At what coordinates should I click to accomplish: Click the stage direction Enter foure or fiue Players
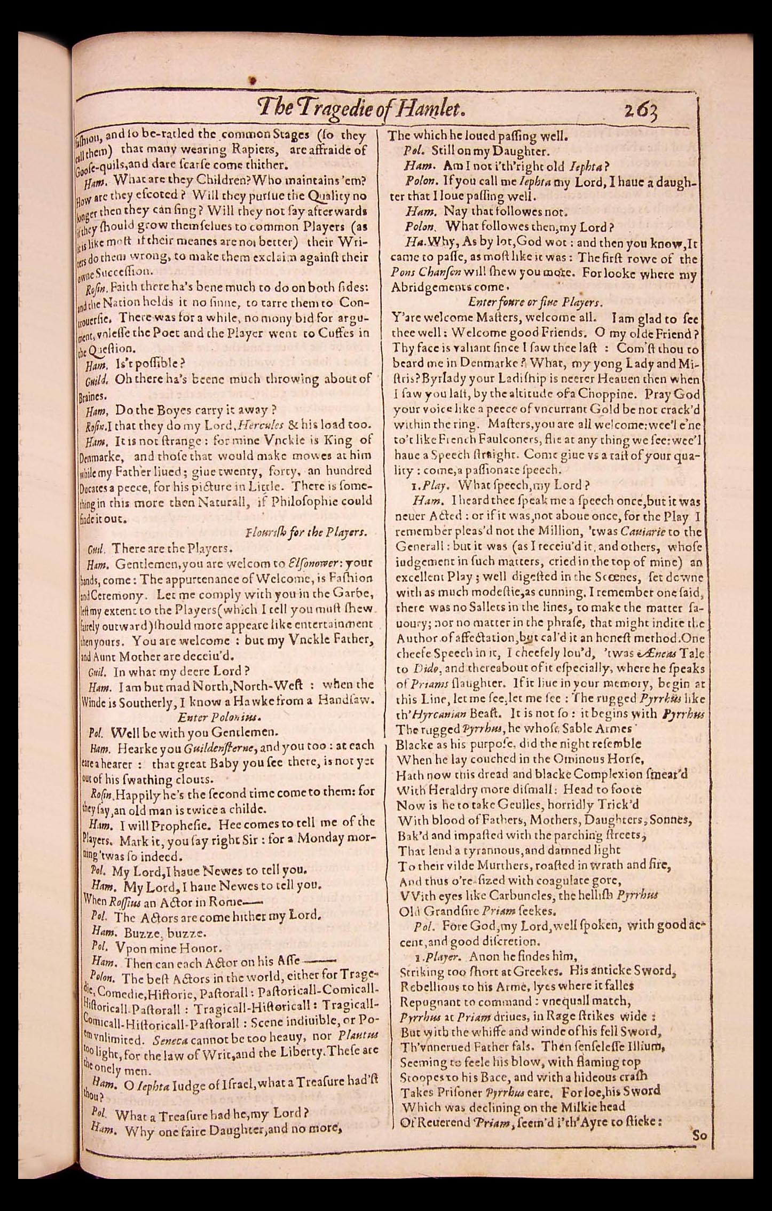[x=535, y=302]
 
